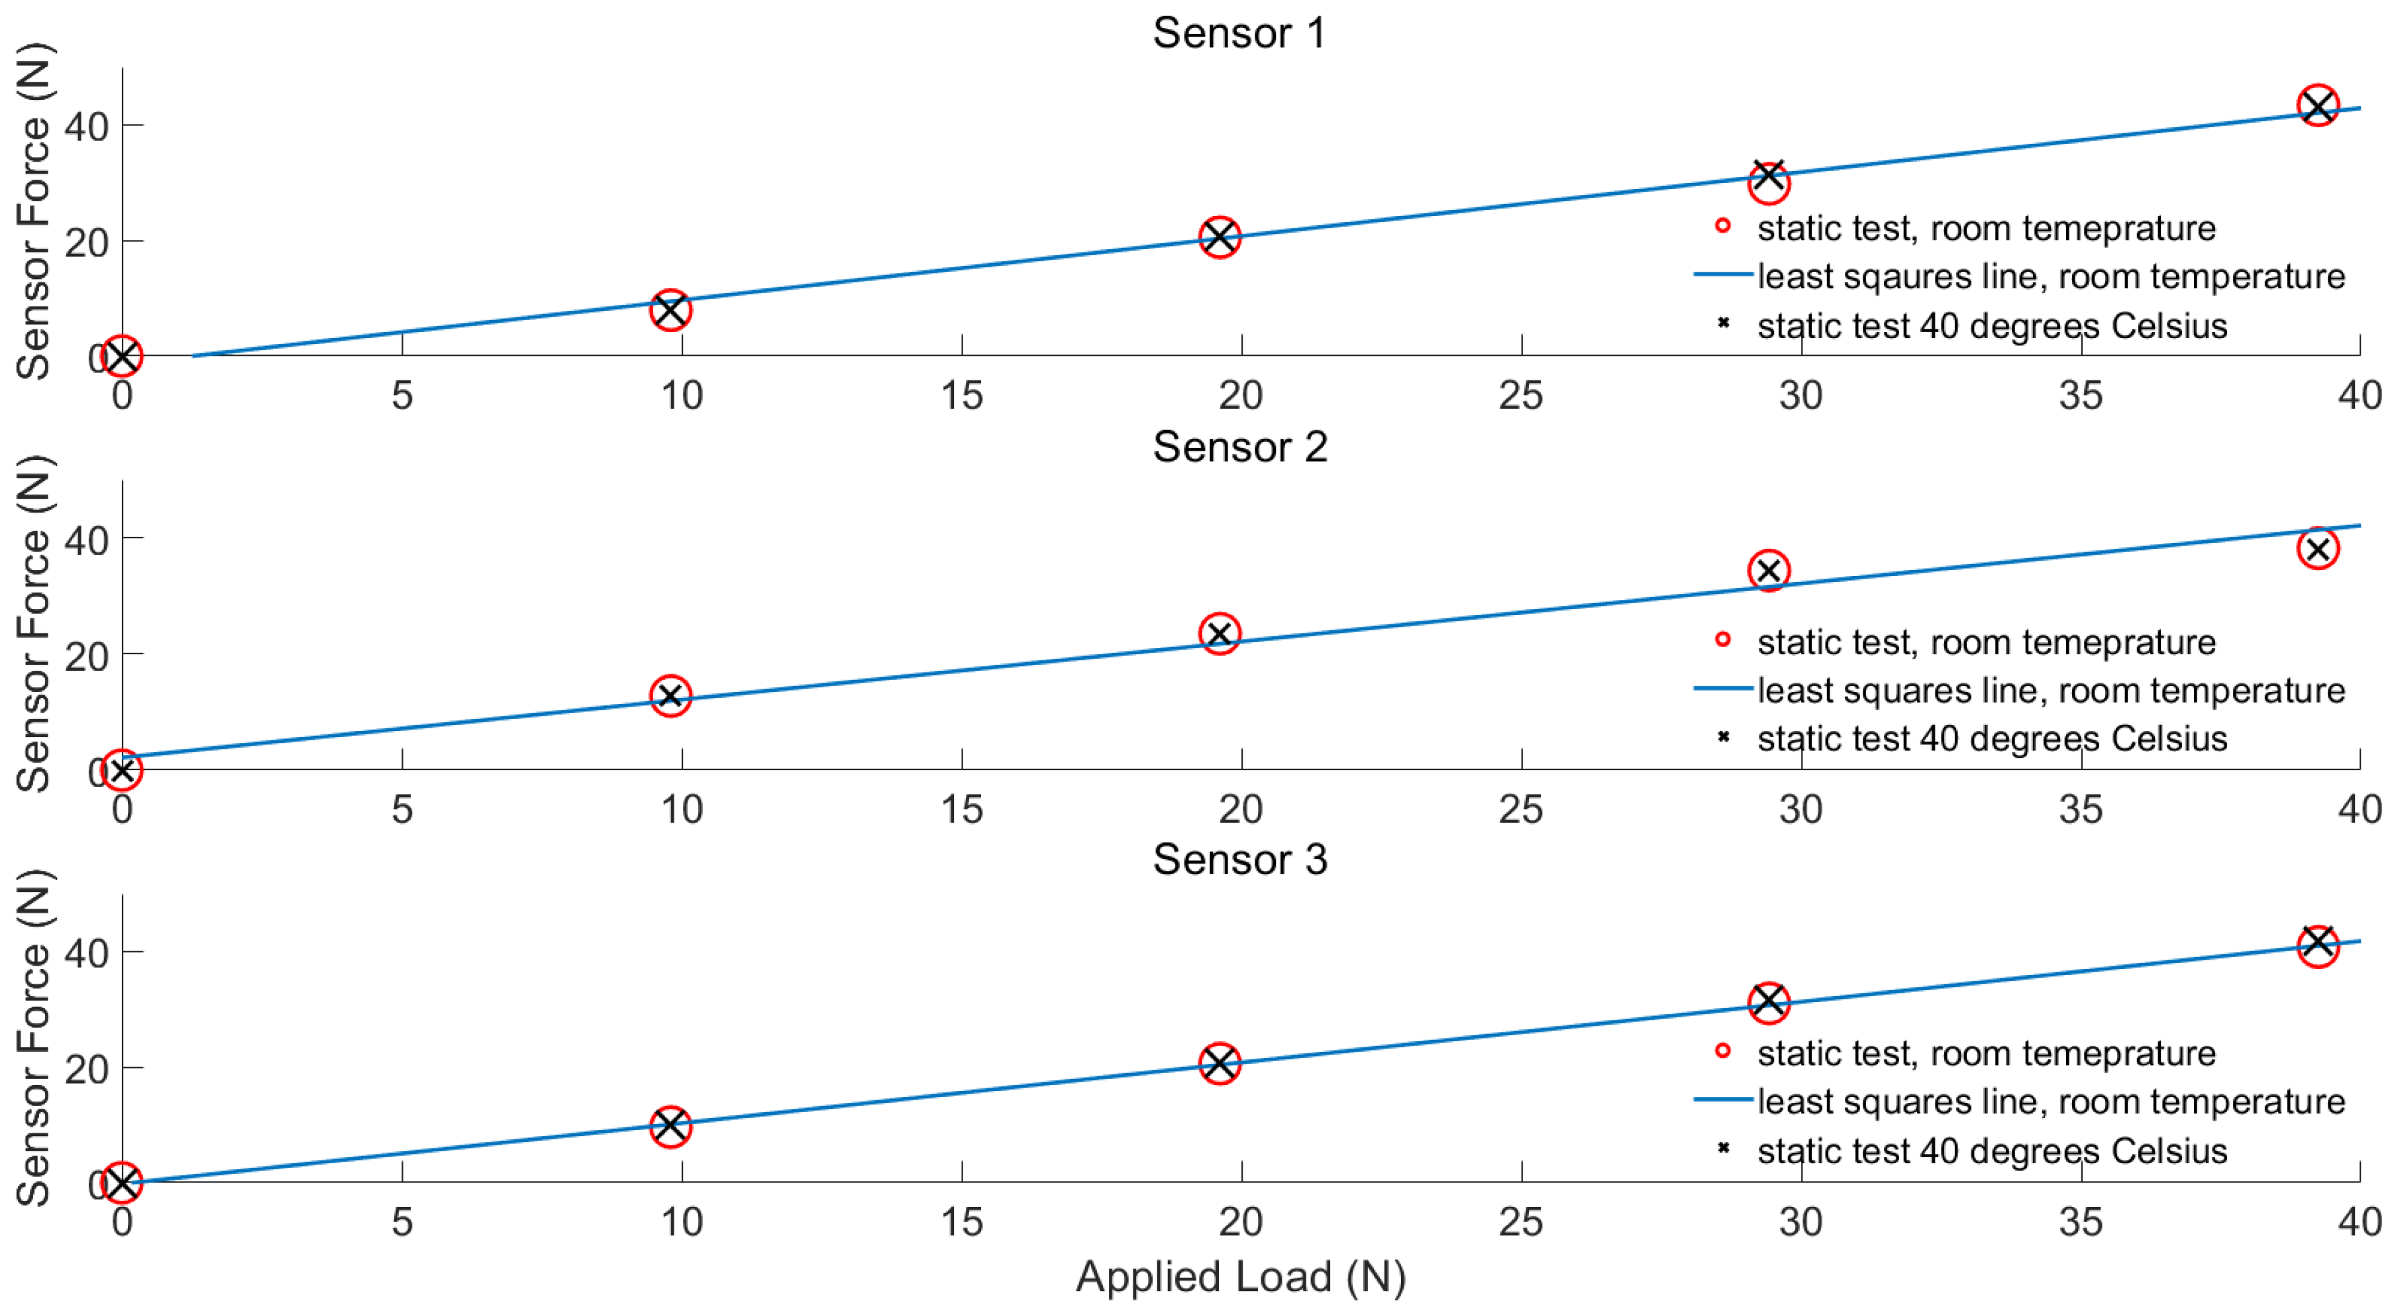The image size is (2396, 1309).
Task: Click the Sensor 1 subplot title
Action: tap(1239, 34)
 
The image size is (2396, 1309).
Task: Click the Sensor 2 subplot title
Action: tap(1239, 447)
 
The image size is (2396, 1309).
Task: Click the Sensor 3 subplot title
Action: tap(1239, 860)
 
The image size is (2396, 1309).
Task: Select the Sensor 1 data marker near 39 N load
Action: tap(2318, 105)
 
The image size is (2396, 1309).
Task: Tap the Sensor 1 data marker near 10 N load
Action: tap(670, 310)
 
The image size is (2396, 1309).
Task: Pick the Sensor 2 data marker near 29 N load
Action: tap(1768, 570)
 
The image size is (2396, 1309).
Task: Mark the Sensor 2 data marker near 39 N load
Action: tap(2318, 549)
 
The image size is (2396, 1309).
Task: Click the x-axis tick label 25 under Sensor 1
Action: tap(1521, 396)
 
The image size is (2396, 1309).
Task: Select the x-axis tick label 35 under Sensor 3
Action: tap(2081, 1222)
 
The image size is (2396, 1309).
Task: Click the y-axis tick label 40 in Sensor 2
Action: tap(87, 540)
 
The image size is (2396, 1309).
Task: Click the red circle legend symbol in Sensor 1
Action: tap(1722, 226)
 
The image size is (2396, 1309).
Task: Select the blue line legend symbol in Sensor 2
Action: tap(1722, 689)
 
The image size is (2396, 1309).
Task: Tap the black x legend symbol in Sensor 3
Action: tap(1722, 1148)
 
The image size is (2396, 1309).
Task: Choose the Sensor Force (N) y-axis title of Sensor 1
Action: tap(34, 211)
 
